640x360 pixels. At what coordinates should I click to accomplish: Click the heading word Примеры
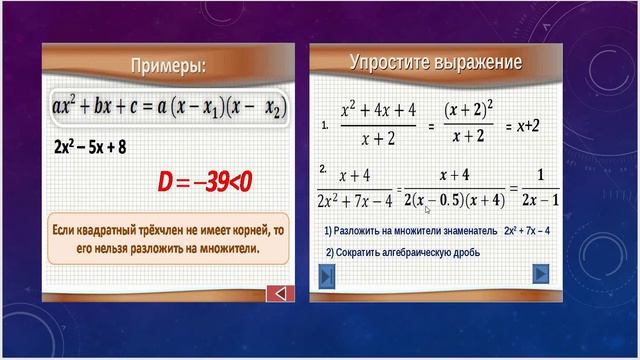(166, 66)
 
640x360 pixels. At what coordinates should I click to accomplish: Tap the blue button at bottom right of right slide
(541, 273)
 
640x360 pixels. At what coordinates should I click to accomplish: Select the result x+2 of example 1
(522, 127)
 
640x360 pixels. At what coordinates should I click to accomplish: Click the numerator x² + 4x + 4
(379, 109)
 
